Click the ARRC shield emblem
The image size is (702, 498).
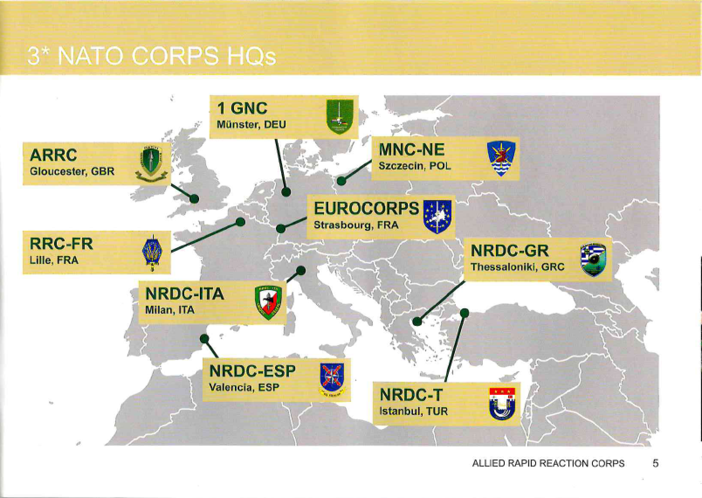(151, 163)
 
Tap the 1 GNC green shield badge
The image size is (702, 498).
(340, 116)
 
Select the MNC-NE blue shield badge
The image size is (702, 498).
(501, 159)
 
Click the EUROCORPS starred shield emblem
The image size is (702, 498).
(437, 217)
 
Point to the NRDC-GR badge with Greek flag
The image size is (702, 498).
(593, 259)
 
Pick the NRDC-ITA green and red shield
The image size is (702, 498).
(268, 302)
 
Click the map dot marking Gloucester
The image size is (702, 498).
(194, 198)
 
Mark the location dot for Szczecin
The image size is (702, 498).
(341, 181)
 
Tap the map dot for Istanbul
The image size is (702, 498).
(465, 313)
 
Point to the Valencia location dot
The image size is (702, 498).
(204, 339)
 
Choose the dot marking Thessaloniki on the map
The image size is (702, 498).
(417, 322)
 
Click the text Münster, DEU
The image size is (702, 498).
(251, 125)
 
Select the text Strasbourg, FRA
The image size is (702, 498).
(356, 225)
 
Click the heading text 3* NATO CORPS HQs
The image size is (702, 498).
(151, 56)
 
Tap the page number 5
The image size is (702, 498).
(655, 463)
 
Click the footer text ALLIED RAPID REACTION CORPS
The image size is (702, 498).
(548, 463)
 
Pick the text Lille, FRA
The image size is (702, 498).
(54, 260)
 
